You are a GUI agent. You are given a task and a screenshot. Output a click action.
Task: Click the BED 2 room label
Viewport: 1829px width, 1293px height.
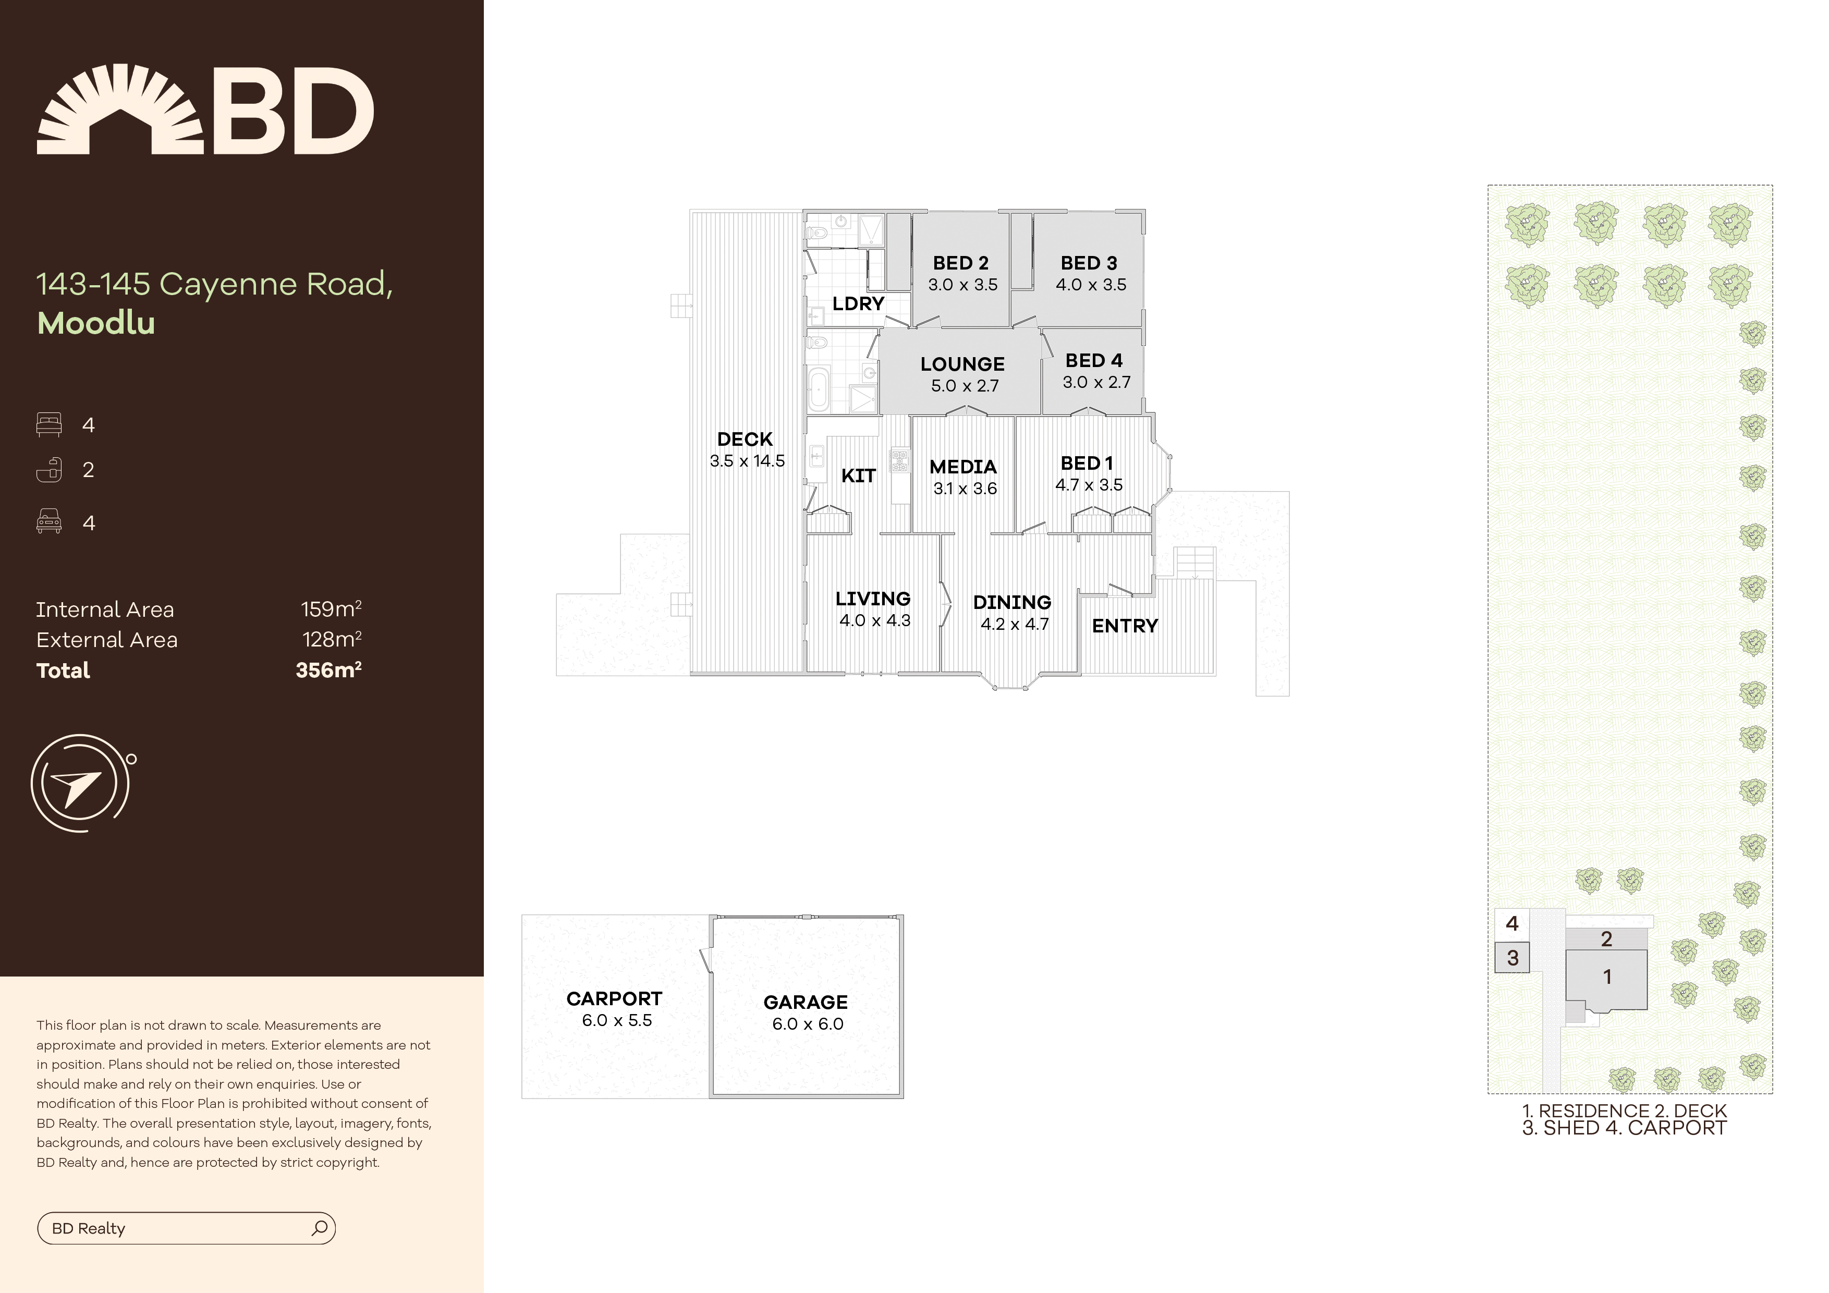click(961, 263)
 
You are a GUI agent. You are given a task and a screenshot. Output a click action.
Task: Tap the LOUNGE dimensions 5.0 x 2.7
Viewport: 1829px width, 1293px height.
click(965, 386)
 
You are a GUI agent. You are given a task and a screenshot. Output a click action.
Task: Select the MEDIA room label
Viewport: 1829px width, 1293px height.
click(963, 467)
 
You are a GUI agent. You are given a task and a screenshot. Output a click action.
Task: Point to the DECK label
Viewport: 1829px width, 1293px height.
click(745, 439)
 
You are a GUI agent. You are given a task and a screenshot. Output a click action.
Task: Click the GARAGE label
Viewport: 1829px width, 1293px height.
click(806, 1002)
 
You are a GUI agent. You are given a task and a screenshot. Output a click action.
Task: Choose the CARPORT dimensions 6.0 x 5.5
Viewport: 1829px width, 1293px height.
click(617, 1020)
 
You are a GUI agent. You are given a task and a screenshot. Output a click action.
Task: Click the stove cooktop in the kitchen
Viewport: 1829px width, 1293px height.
click(900, 460)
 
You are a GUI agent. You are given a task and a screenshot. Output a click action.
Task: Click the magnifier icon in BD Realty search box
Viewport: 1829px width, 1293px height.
click(320, 1228)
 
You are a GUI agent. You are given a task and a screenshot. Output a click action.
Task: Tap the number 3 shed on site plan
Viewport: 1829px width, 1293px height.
click(1513, 958)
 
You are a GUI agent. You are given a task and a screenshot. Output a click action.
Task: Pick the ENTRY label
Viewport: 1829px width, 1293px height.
click(1125, 626)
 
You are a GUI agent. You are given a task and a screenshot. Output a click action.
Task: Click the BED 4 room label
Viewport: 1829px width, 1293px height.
click(1094, 360)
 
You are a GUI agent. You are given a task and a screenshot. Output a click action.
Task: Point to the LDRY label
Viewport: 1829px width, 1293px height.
click(858, 303)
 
